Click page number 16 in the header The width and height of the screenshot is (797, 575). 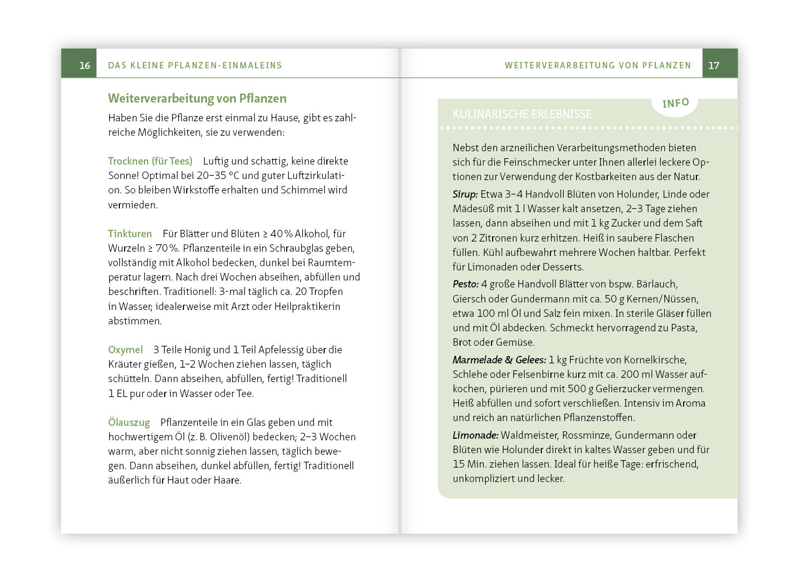point(85,65)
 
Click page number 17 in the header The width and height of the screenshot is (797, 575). point(714,65)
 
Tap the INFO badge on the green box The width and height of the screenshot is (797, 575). point(675,103)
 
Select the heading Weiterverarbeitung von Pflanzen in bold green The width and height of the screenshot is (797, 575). point(197,98)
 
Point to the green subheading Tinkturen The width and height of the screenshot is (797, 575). point(130,234)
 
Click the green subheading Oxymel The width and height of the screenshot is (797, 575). point(125,349)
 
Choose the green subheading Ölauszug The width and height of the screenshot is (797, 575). point(129,422)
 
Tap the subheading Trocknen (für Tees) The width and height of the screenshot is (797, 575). point(150,161)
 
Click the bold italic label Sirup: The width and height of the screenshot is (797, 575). point(465,194)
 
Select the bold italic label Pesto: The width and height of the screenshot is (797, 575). point(465,284)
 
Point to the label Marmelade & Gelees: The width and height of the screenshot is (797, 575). point(499,360)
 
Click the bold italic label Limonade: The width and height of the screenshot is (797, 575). point(476,435)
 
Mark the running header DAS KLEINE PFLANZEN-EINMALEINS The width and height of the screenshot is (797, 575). point(195,65)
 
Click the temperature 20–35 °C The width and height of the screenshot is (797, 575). point(218,175)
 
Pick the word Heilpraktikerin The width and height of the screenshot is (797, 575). point(307,306)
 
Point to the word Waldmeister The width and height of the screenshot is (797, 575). point(527,435)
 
